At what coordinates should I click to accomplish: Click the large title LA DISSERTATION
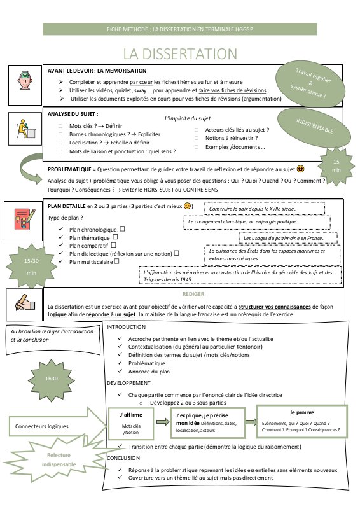point(180,54)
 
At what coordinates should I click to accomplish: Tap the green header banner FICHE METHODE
point(180,29)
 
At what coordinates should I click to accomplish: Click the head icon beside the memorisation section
point(25,81)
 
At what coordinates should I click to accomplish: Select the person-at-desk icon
point(25,129)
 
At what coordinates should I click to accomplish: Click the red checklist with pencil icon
point(25,220)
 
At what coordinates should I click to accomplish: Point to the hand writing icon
point(25,303)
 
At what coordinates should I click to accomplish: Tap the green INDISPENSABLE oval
point(314,126)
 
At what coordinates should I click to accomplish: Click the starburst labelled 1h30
point(52,379)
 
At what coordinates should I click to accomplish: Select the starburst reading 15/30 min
point(32,267)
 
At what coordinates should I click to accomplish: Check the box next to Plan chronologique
point(122,229)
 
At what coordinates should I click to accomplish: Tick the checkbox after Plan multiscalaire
point(116,261)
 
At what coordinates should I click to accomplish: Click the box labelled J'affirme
point(131,423)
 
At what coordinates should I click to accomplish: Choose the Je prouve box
point(301,421)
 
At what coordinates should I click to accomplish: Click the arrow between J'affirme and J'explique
point(163,422)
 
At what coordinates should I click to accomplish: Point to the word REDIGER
point(193,294)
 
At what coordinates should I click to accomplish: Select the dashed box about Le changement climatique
point(257,222)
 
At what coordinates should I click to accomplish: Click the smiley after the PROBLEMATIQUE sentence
point(301,169)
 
